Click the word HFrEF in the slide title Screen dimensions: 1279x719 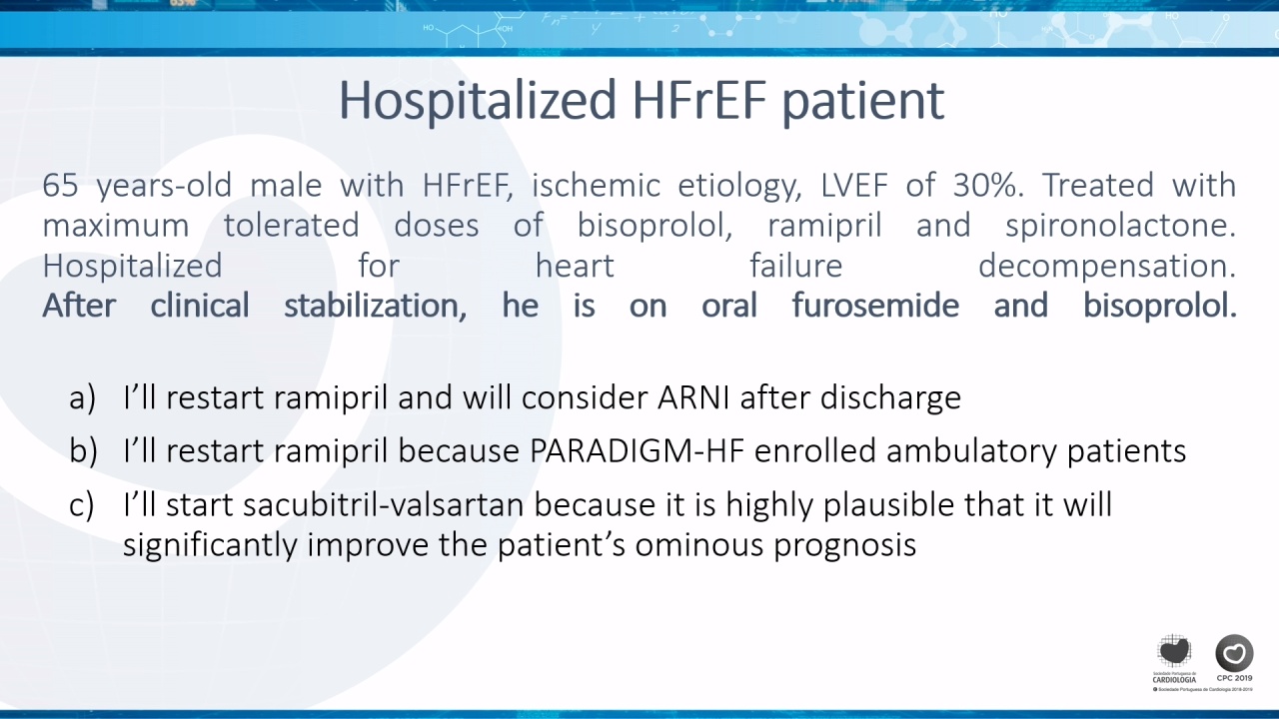pyautogui.click(x=698, y=101)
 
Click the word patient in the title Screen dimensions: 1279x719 pyautogui.click(x=862, y=102)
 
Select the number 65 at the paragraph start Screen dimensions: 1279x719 pyautogui.click(x=60, y=185)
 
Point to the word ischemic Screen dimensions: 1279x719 pyautogui.click(x=596, y=185)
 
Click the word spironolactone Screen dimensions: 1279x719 pyautogui.click(x=1120, y=225)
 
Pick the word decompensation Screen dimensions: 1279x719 pyautogui.click(x=1106, y=266)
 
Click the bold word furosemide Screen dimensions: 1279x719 pyautogui.click(x=875, y=305)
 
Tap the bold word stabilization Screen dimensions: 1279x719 pyautogui.click(x=375, y=306)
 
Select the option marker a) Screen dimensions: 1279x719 pyautogui.click(x=82, y=397)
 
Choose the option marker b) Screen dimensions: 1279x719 pyautogui.click(x=83, y=450)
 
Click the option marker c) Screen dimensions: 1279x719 pyautogui.click(x=81, y=505)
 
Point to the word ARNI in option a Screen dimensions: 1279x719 pyautogui.click(x=692, y=397)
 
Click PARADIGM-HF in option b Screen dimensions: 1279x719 pyautogui.click(x=637, y=450)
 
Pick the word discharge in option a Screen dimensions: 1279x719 pyautogui.click(x=890, y=398)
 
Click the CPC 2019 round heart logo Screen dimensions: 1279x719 pyautogui.click(x=1234, y=653)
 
